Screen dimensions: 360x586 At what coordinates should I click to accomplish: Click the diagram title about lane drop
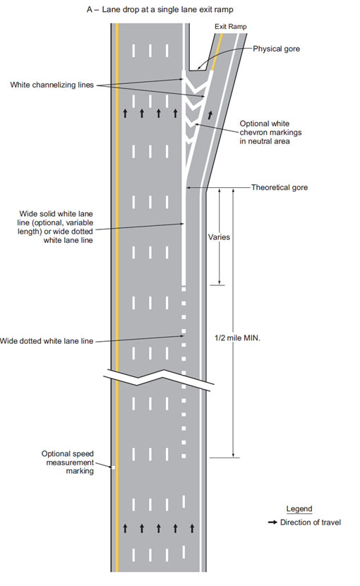pyautogui.click(x=160, y=9)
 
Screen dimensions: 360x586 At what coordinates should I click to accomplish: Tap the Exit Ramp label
pyautogui.click(x=231, y=27)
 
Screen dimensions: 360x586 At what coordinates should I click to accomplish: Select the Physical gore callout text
pyautogui.click(x=276, y=49)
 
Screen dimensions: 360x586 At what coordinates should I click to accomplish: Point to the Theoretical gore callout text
pyautogui.click(x=280, y=187)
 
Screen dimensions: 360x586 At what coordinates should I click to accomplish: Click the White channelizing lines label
pyautogui.click(x=52, y=85)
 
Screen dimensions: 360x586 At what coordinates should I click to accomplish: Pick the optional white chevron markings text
pyautogui.click(x=270, y=132)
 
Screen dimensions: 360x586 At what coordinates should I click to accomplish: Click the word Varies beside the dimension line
pyautogui.click(x=219, y=237)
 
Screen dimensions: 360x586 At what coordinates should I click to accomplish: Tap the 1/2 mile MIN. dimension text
pyautogui.click(x=237, y=338)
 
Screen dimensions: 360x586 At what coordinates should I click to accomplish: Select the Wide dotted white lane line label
pyautogui.click(x=47, y=341)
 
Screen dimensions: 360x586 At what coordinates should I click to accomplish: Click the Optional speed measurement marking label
pyautogui.click(x=68, y=462)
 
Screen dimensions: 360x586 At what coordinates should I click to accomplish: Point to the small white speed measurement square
pyautogui.click(x=113, y=467)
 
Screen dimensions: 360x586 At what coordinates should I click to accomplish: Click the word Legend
pyautogui.click(x=299, y=508)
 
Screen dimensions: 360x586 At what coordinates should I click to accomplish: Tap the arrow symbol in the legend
pyautogui.click(x=272, y=522)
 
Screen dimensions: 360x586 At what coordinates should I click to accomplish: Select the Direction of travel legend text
pyautogui.click(x=311, y=522)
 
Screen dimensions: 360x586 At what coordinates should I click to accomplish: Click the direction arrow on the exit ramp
pyautogui.click(x=210, y=115)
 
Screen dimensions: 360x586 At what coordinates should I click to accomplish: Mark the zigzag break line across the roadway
pyautogui.click(x=159, y=378)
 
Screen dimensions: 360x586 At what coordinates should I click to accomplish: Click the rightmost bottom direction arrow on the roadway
pyautogui.click(x=192, y=528)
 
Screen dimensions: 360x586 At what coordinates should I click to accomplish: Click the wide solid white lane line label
pyautogui.click(x=56, y=227)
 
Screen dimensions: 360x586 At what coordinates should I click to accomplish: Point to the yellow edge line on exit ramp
pyautogui.click(x=217, y=52)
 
